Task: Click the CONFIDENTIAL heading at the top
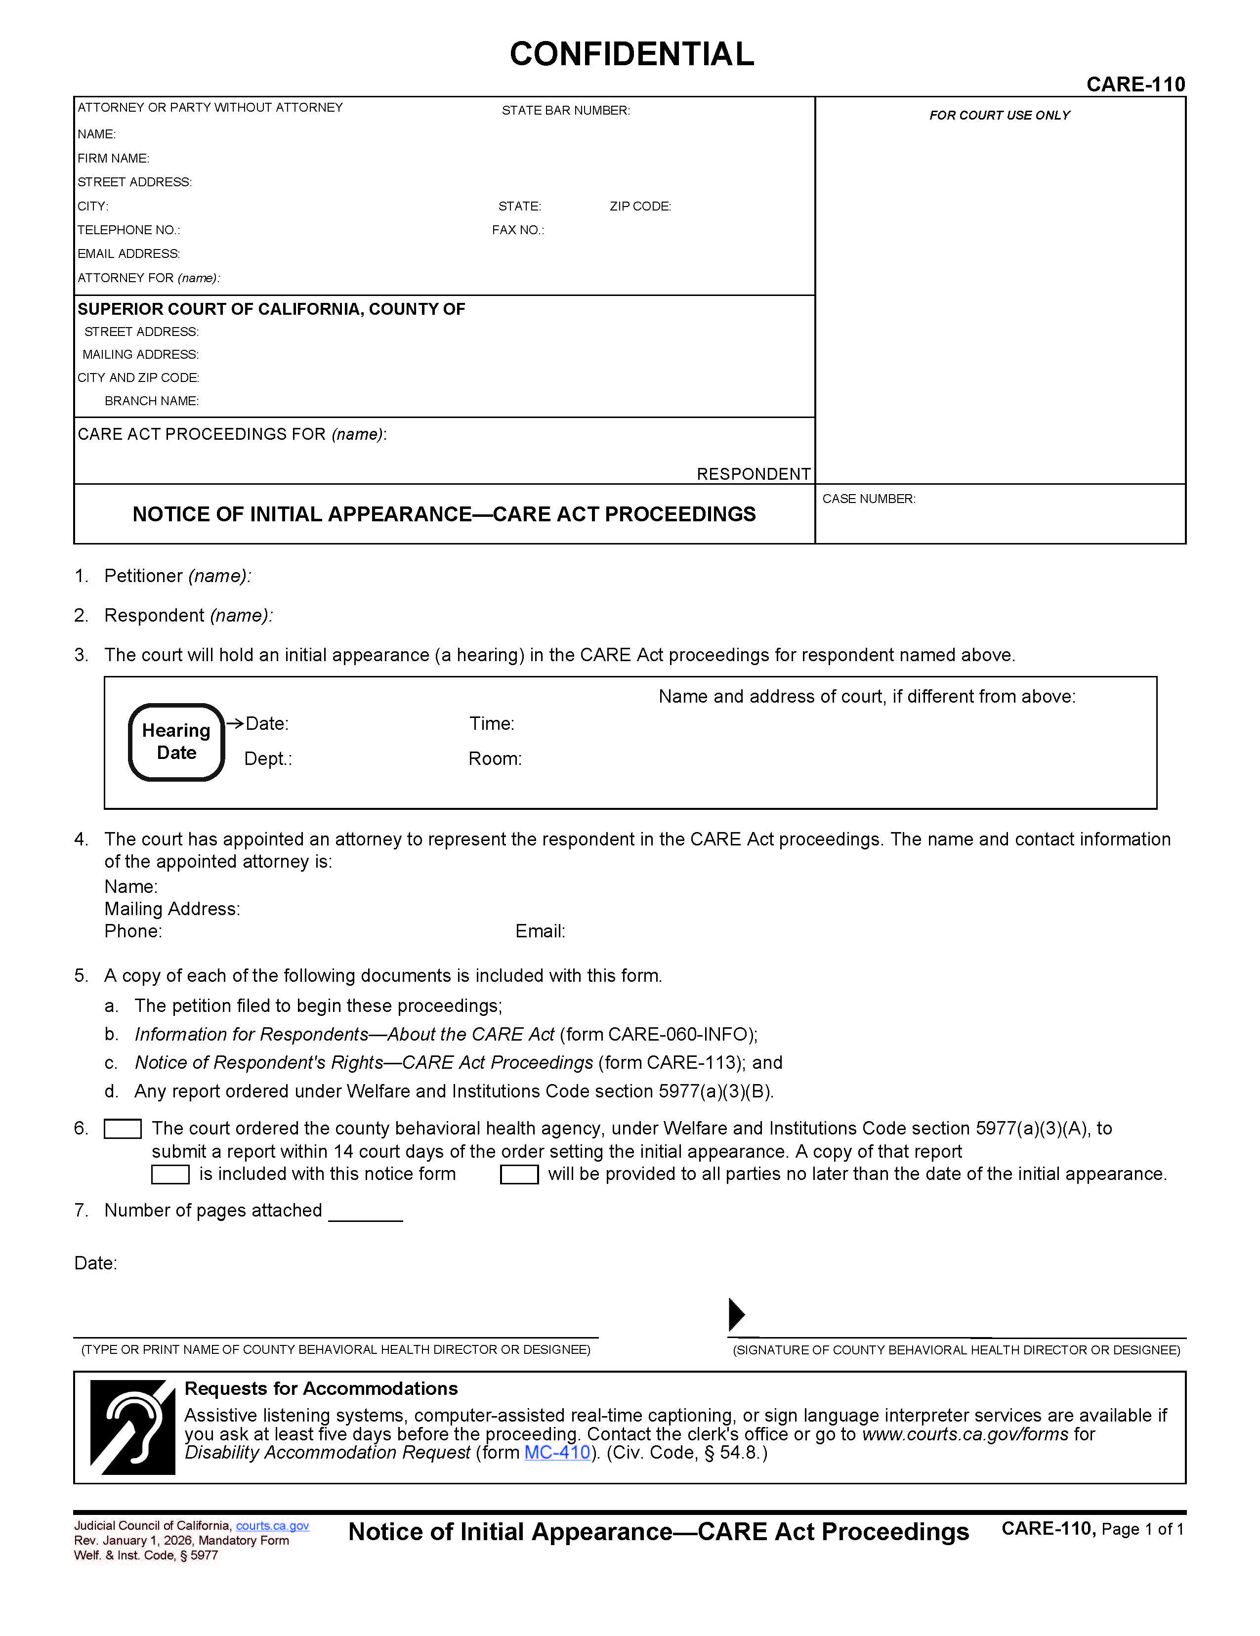tap(631, 54)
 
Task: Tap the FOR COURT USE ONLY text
tap(999, 115)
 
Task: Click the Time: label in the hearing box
tap(492, 723)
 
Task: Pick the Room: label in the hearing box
tap(495, 759)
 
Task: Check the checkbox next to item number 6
tap(122, 1129)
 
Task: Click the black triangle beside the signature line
tap(736, 1314)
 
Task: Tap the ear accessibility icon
tap(132, 1427)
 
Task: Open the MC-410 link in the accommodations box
tap(556, 1453)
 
